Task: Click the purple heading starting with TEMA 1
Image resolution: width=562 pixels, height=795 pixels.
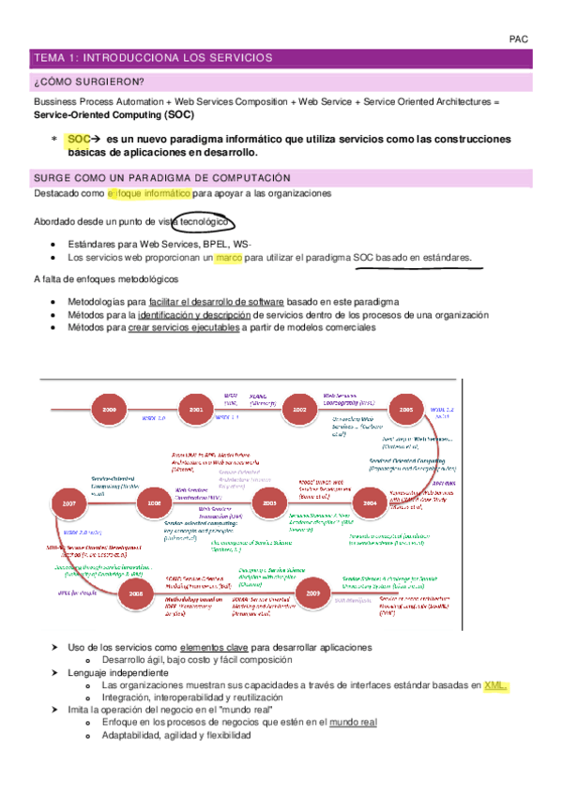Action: [x=152, y=58]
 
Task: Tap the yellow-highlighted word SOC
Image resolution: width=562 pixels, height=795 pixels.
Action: [x=79, y=139]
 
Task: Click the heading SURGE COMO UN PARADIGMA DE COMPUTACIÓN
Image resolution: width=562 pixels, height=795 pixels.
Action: [x=161, y=178]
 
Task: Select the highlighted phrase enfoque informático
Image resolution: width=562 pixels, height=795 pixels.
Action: [x=148, y=193]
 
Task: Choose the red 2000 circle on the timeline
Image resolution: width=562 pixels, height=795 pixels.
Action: [x=110, y=410]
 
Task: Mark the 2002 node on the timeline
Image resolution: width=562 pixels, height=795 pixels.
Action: [x=300, y=410]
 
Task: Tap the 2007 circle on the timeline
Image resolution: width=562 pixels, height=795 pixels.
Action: [x=69, y=503]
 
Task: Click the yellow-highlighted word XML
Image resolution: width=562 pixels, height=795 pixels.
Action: [x=494, y=686]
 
